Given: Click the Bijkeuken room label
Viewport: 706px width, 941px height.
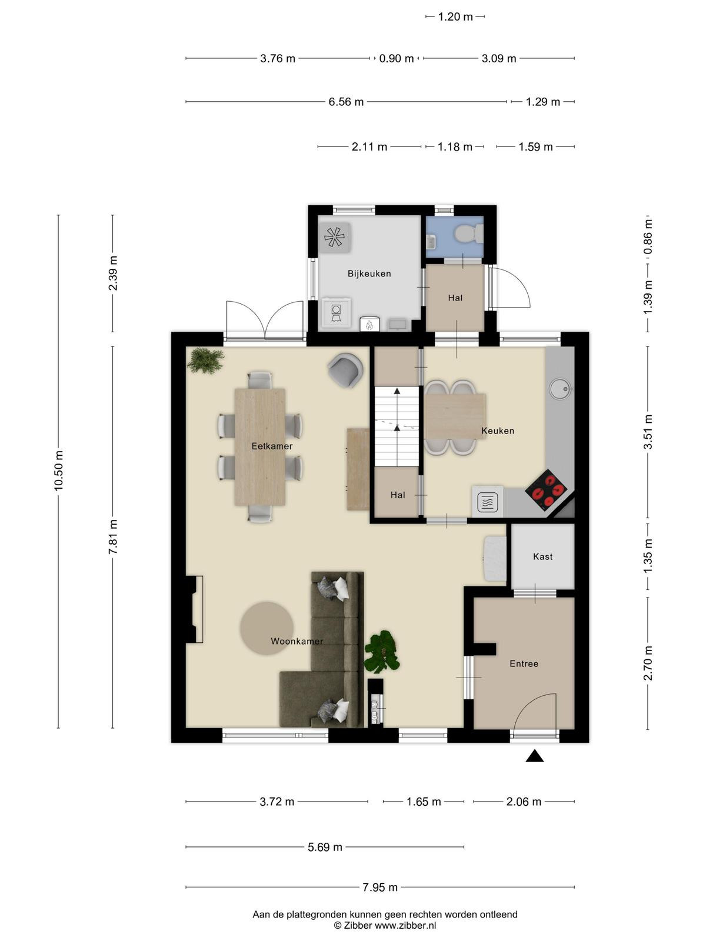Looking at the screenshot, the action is [369, 273].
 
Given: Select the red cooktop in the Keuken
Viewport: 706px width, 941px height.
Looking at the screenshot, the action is [546, 489].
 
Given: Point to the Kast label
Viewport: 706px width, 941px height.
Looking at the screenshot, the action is [542, 556].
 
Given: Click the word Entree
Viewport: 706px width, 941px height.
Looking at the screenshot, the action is [524, 663].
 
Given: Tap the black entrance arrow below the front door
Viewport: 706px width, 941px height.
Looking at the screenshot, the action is [535, 756].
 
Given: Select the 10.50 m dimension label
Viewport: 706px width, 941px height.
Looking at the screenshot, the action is [58, 470].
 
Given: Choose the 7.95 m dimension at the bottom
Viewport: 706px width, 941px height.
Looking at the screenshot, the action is [380, 887].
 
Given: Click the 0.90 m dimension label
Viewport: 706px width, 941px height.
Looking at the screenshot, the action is [397, 58].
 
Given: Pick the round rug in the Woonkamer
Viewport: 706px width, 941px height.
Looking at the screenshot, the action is [267, 628].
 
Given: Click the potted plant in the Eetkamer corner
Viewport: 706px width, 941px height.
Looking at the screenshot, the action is [206, 361].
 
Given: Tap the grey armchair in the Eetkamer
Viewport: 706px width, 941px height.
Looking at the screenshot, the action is [345, 370].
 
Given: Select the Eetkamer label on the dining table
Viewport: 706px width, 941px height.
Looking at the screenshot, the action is [272, 446].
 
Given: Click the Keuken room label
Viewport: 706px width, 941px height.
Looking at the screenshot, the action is [498, 431].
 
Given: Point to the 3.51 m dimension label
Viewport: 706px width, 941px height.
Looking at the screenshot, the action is [648, 432].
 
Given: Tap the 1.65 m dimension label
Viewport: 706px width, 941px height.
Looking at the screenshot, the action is [424, 802].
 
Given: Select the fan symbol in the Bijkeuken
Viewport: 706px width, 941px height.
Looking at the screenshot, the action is [334, 237].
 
